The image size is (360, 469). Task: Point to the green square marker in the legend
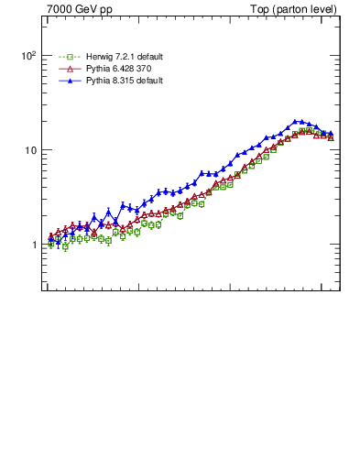click(68, 57)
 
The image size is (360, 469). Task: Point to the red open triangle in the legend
click(68, 69)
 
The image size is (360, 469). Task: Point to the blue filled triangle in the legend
click(68, 81)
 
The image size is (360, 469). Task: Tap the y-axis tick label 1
click(32, 245)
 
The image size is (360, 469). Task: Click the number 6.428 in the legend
click(125, 69)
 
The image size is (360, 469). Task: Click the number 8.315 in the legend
click(125, 81)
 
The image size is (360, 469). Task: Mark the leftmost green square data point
click(50, 245)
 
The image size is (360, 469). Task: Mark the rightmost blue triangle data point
click(330, 134)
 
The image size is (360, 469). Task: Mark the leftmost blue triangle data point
click(50, 240)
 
